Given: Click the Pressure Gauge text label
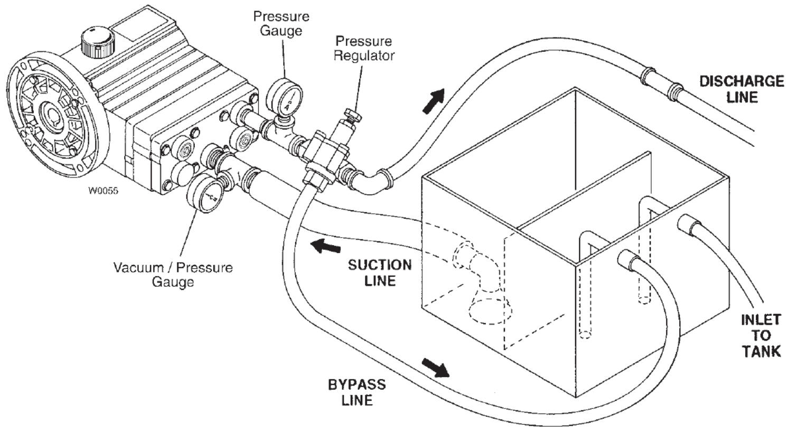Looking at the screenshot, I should (280, 23).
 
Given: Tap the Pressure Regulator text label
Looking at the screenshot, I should (364, 48).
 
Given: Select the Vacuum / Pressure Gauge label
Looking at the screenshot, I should (173, 274).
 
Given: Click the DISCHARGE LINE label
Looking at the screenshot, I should (741, 89).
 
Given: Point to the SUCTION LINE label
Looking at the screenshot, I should (379, 272).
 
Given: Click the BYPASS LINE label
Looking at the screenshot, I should (357, 392).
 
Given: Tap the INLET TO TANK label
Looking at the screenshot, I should (760, 335).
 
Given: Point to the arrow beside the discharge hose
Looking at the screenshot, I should (434, 102).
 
